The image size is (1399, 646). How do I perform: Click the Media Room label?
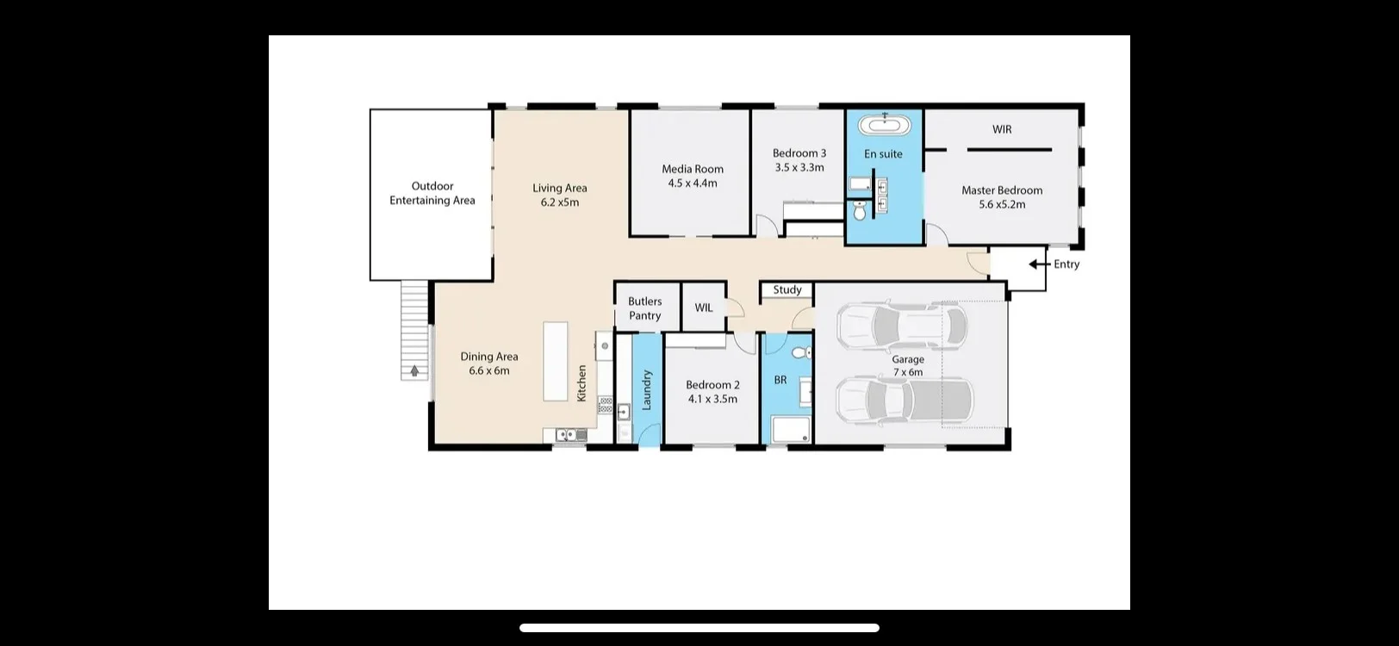pyautogui.click(x=693, y=169)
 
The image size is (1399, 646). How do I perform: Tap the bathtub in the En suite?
pyautogui.click(x=885, y=126)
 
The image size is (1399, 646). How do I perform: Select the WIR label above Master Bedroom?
pyautogui.click(x=1002, y=129)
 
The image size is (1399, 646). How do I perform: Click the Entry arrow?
pyautogui.click(x=1038, y=264)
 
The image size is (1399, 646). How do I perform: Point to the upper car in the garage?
pyautogui.click(x=901, y=326)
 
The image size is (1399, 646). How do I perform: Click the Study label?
pyautogui.click(x=787, y=290)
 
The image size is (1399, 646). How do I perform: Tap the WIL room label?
pyautogui.click(x=704, y=307)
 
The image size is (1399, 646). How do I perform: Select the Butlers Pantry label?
pyautogui.click(x=645, y=308)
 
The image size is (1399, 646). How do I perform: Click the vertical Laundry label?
pyautogui.click(x=647, y=390)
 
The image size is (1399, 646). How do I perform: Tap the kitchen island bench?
pyautogui.click(x=556, y=361)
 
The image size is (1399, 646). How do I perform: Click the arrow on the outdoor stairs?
pyautogui.click(x=415, y=371)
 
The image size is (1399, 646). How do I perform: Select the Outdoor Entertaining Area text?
pyautogui.click(x=432, y=193)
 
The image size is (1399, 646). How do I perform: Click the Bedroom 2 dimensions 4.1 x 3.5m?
pyautogui.click(x=712, y=399)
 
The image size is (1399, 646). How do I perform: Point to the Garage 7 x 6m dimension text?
pyautogui.click(x=908, y=372)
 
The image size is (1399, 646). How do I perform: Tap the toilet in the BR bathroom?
pyautogui.click(x=801, y=352)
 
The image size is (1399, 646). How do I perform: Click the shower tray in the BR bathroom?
pyautogui.click(x=791, y=430)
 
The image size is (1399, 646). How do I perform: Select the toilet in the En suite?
pyautogui.click(x=860, y=209)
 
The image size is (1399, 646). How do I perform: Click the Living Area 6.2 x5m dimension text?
pyautogui.click(x=560, y=202)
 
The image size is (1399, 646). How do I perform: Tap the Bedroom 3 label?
pyautogui.click(x=799, y=153)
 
